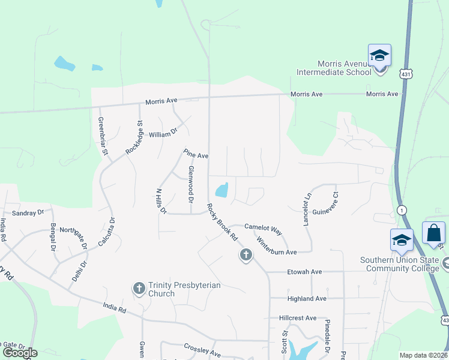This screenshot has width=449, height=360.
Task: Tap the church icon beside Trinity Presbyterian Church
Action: click(139, 289)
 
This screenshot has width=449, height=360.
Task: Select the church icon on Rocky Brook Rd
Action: click(245, 256)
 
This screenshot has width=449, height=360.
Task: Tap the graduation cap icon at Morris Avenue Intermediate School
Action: click(379, 56)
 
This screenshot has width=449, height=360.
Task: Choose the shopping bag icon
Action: click(433, 233)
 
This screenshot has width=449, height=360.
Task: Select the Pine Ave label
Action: click(196, 154)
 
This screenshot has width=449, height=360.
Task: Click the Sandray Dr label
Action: click(28, 212)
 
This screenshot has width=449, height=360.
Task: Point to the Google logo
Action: click(20, 353)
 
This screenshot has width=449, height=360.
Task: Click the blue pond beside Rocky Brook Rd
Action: click(221, 190)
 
